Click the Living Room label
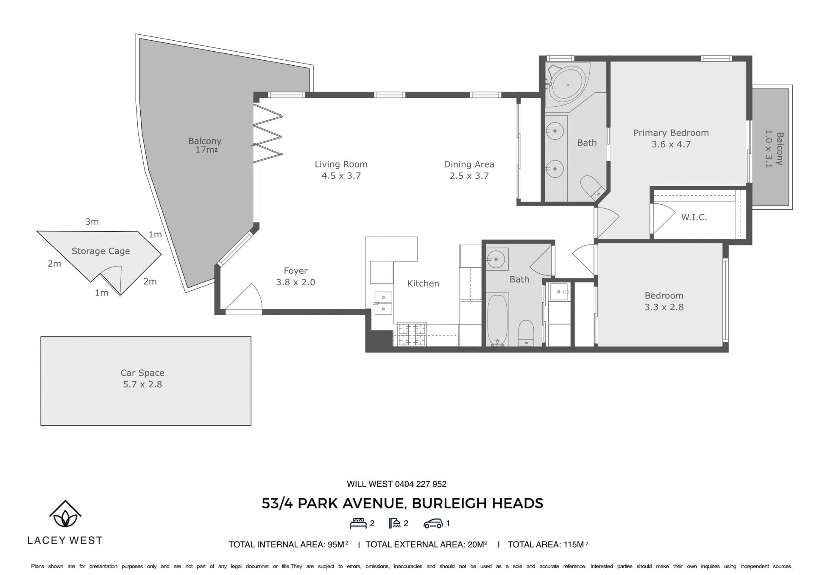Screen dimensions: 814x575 click(341, 164)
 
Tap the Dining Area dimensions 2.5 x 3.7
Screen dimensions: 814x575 click(469, 176)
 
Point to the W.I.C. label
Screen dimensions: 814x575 click(694, 217)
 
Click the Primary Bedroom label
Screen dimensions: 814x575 click(671, 133)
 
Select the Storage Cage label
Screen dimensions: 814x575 click(100, 251)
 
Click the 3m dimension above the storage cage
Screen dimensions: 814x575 click(92, 222)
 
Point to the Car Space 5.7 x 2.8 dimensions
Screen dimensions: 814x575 click(142, 384)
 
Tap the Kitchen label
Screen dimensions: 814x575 click(423, 283)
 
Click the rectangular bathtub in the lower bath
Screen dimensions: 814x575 click(497, 319)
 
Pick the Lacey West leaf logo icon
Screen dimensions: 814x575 click(65, 514)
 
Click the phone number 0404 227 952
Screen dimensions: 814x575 click(421, 484)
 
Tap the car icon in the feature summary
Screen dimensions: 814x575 click(433, 524)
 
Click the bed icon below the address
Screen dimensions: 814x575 click(358, 523)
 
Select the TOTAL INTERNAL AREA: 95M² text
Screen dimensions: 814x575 click(288, 544)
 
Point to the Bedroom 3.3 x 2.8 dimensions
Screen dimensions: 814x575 click(664, 307)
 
